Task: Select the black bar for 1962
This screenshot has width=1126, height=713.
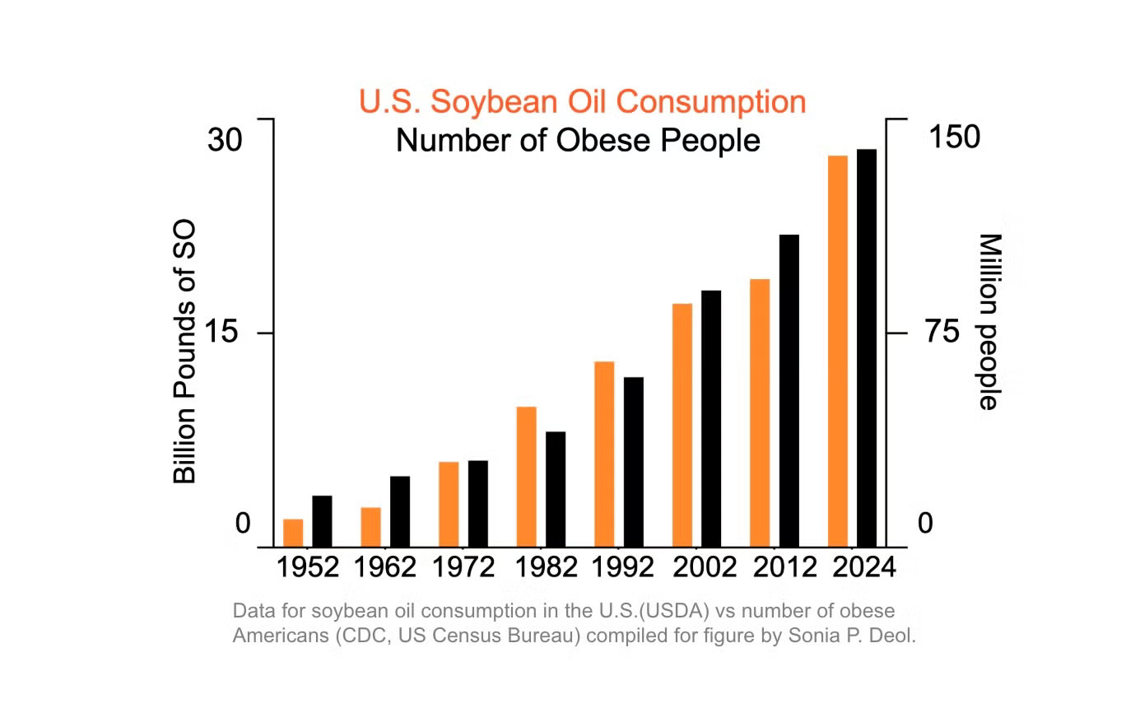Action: pos(400,511)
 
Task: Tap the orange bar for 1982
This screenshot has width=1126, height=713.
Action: pos(527,477)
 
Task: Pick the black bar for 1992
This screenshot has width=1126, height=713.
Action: pos(633,462)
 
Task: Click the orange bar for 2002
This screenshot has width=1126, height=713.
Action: pos(682,425)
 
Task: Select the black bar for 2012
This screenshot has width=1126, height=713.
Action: pos(789,391)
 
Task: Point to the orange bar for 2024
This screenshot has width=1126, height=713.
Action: pos(838,351)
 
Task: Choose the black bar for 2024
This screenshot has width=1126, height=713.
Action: pos(866,348)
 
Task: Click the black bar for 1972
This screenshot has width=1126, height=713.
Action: pos(478,503)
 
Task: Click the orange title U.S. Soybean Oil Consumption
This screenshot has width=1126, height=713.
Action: pos(582,102)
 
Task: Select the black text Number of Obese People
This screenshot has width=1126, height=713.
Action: pos(578,140)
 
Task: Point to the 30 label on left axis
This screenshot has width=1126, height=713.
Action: pos(225,140)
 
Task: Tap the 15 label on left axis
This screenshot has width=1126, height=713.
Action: pos(225,333)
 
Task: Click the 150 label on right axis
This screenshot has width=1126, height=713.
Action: pos(954,137)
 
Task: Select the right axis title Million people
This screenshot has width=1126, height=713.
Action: pos(988,321)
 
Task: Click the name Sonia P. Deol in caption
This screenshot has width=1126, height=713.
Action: pos(863,636)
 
